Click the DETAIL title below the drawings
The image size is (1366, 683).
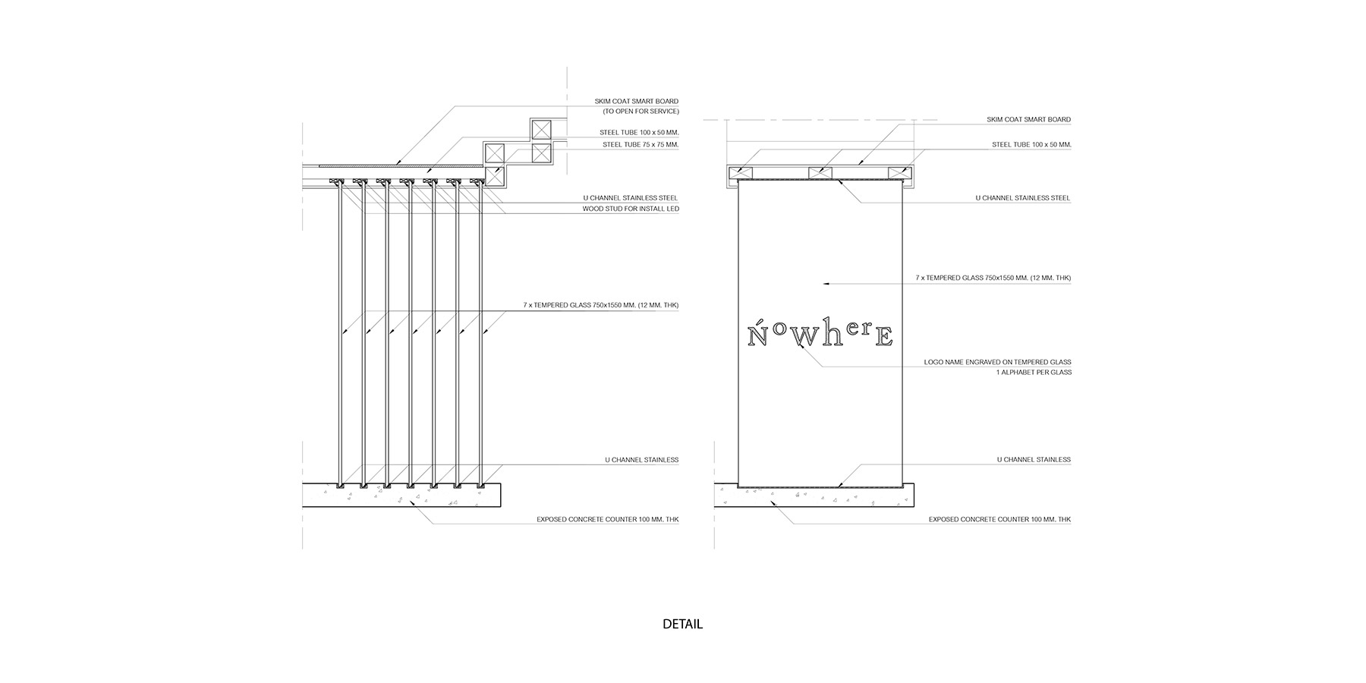pos(682,625)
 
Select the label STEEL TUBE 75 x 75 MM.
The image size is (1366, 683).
pos(640,144)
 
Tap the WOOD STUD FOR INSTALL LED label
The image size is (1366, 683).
pos(630,209)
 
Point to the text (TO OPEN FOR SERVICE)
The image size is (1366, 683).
pos(641,112)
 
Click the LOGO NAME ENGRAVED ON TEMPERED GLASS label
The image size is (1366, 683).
pos(997,362)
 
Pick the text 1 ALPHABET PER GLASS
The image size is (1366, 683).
pos(1034,373)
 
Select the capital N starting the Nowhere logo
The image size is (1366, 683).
pos(757,335)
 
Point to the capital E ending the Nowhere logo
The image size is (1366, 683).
pos(883,336)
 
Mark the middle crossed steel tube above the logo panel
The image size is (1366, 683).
pos(820,173)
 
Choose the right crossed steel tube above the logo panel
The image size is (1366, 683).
pos(898,173)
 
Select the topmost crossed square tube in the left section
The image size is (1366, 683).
pos(540,129)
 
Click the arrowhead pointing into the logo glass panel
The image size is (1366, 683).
pos(827,283)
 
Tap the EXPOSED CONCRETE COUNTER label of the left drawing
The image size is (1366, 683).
pos(607,520)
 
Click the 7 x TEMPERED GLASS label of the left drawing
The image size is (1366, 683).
pos(600,305)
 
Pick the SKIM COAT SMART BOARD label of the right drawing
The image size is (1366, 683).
pos(1028,120)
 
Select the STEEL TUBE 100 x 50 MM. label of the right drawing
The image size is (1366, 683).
pos(1031,144)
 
